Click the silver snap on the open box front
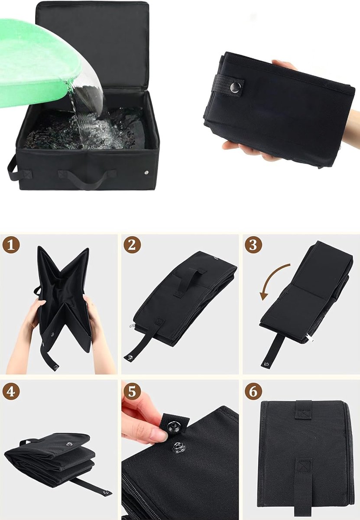point(146,172)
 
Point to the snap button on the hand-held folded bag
point(235,86)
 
